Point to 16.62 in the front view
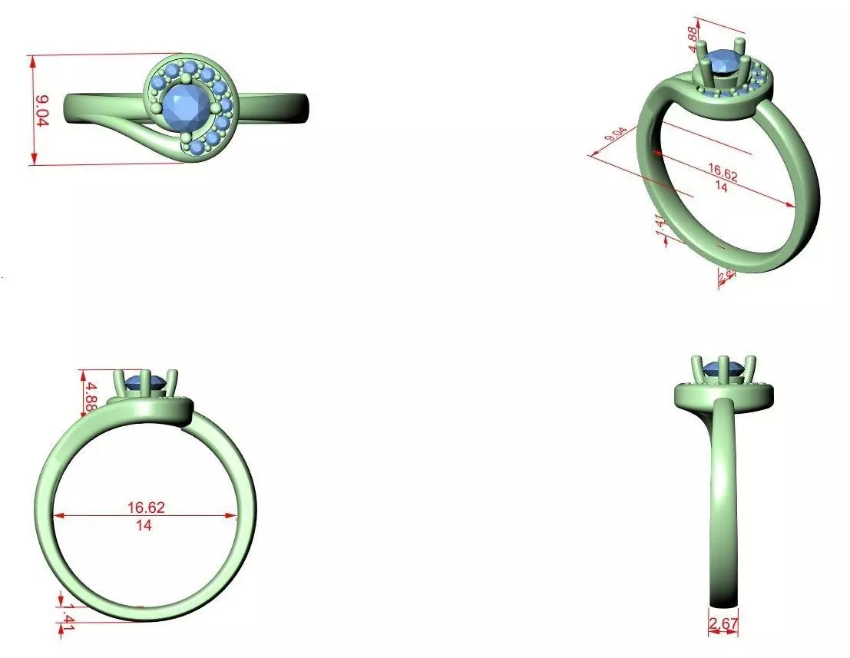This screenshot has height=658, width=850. tap(146, 508)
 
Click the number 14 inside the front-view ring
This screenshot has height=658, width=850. tap(144, 525)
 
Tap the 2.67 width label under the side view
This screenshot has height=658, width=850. tap(723, 625)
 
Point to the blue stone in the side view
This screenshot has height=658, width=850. tap(723, 367)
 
